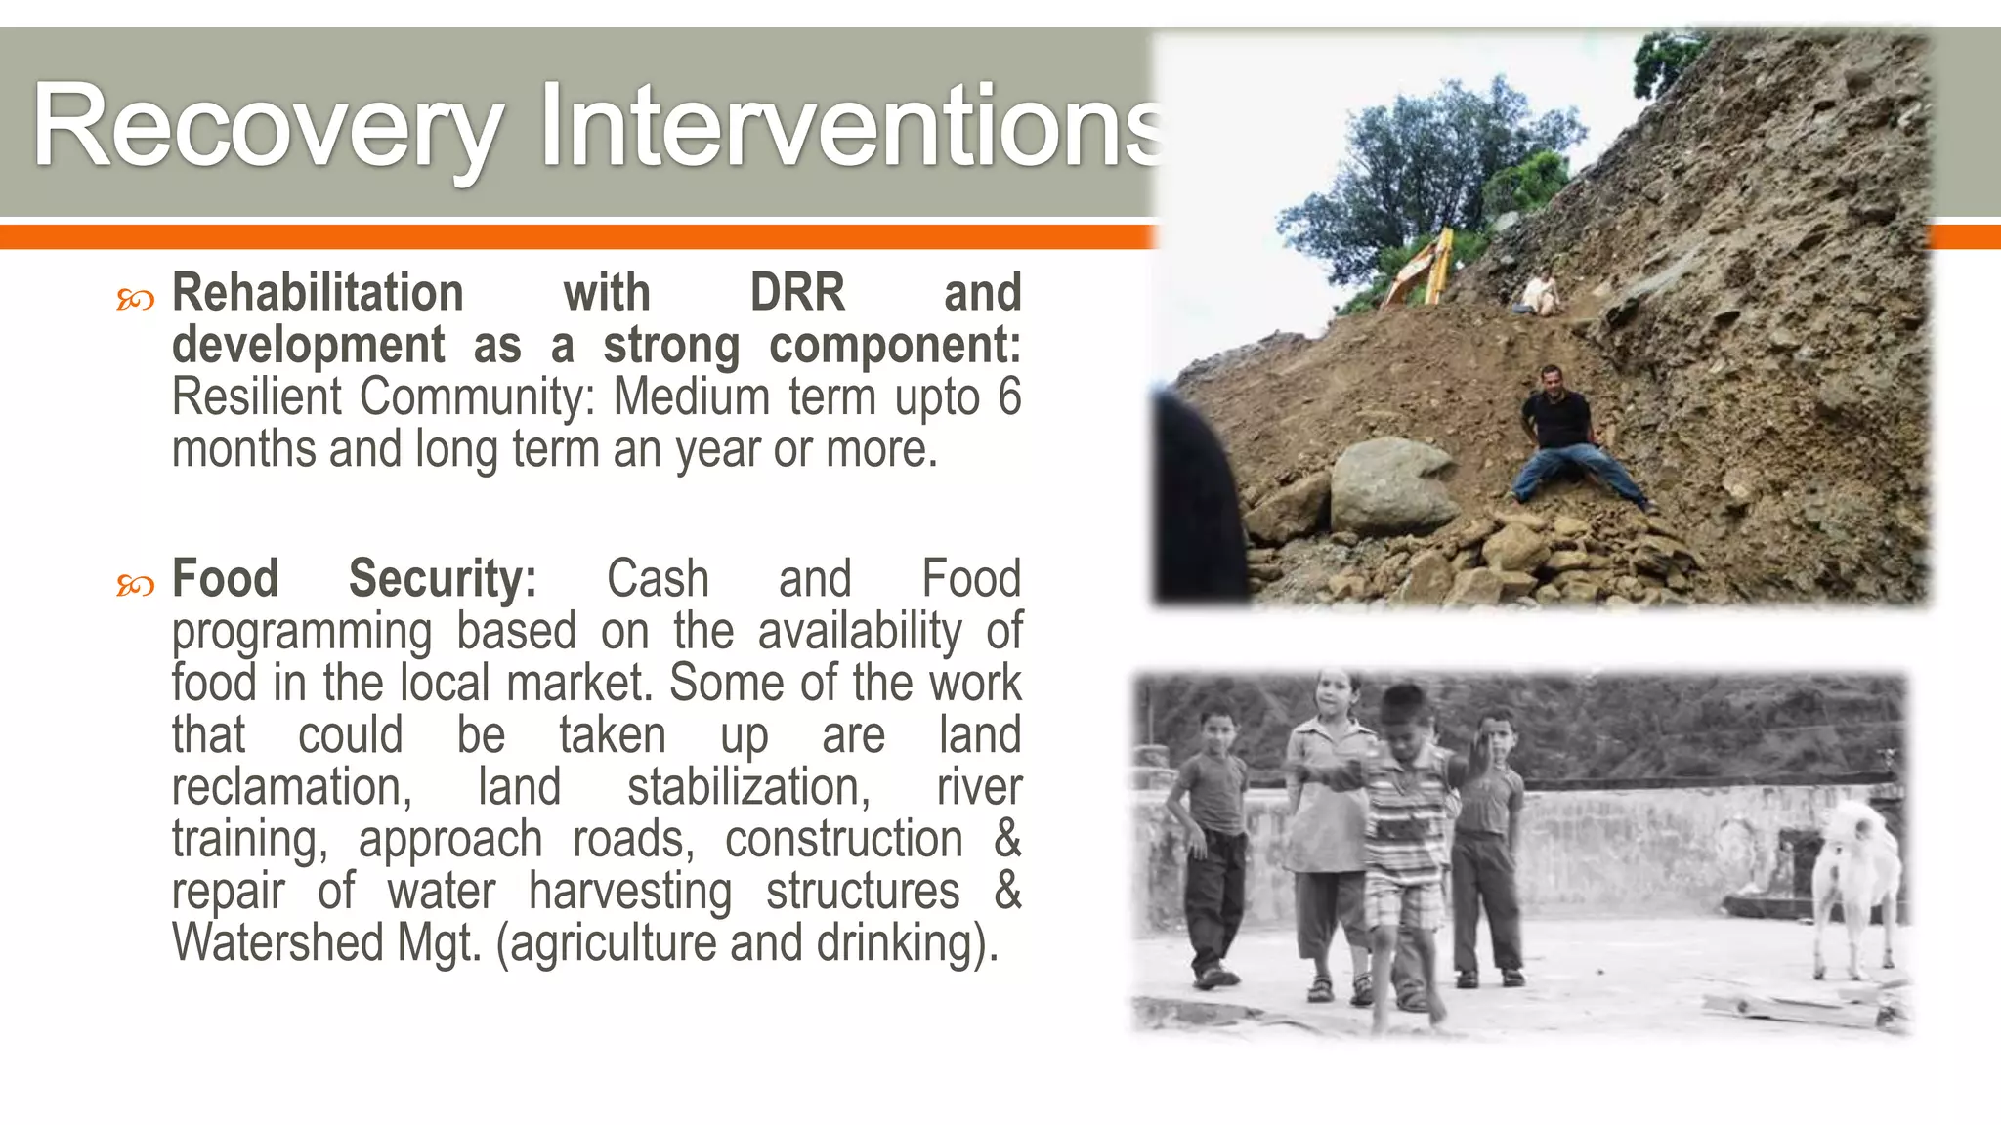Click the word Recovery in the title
point(267,127)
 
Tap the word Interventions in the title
point(850,127)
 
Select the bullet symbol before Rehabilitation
point(135,300)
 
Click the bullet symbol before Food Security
point(135,585)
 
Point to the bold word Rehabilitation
point(318,293)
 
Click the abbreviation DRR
point(797,293)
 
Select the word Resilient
point(257,397)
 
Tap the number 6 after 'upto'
point(1008,397)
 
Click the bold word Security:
point(443,578)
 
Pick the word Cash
point(658,578)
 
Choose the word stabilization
point(748,787)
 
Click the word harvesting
point(630,891)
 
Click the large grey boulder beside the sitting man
point(1392,485)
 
